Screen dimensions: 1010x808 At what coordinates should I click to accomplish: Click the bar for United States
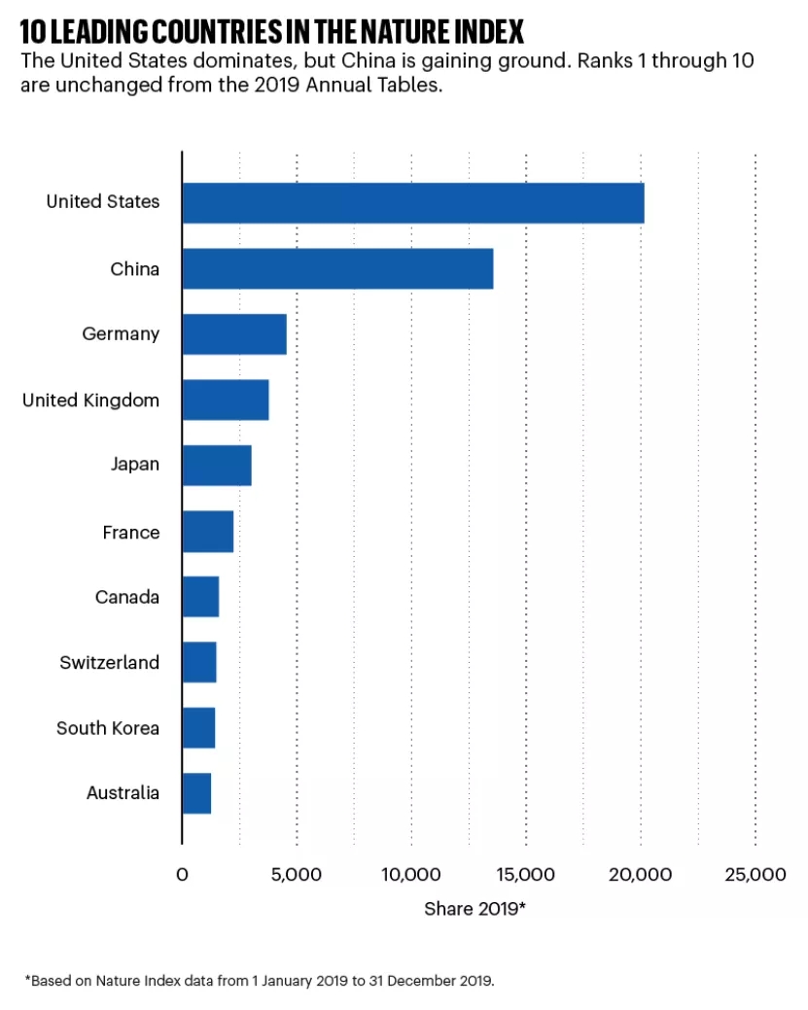[x=412, y=202]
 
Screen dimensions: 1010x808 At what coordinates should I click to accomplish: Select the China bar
[x=337, y=268]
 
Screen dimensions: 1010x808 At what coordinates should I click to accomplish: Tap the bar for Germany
[x=234, y=333]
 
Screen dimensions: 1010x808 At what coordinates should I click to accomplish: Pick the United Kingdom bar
[x=226, y=400]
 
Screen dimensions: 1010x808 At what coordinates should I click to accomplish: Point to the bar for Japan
[x=217, y=465]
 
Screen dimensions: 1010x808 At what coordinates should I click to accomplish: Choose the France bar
[x=208, y=532]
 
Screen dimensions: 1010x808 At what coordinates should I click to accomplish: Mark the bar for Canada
[x=200, y=597]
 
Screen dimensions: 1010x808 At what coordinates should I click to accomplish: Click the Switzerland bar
[x=199, y=662]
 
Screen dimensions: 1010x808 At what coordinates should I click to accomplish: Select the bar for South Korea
[x=198, y=728]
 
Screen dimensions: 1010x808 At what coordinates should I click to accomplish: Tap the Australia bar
[x=196, y=793]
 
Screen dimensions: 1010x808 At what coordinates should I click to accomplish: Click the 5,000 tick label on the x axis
[x=297, y=875]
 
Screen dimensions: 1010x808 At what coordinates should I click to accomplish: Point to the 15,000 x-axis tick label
[x=526, y=875]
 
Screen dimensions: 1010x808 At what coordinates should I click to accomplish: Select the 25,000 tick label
[x=755, y=875]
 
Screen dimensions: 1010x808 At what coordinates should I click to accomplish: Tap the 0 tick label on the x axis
[x=182, y=875]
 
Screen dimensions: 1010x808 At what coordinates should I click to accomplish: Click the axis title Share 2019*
[x=474, y=909]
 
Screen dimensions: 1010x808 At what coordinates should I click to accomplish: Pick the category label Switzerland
[x=109, y=663]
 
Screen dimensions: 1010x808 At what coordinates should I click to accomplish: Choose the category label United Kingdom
[x=90, y=401]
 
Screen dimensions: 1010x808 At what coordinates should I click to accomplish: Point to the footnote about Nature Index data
[x=260, y=980]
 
